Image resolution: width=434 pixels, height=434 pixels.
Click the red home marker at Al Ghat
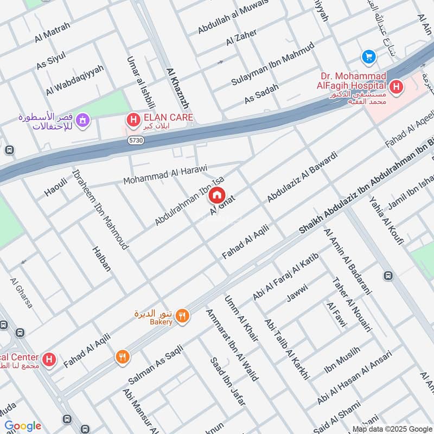(x=217, y=195)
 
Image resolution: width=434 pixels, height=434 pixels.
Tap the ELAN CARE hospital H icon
(x=131, y=118)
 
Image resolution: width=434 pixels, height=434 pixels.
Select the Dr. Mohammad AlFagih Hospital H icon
(x=396, y=86)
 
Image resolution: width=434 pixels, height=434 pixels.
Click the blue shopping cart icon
(x=369, y=56)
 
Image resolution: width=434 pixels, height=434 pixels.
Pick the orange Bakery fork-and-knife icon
(x=183, y=315)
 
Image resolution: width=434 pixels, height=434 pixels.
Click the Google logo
(x=23, y=426)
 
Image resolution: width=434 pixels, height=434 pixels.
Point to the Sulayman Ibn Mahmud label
(x=272, y=63)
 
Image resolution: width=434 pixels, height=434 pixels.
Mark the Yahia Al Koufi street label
(x=386, y=220)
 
